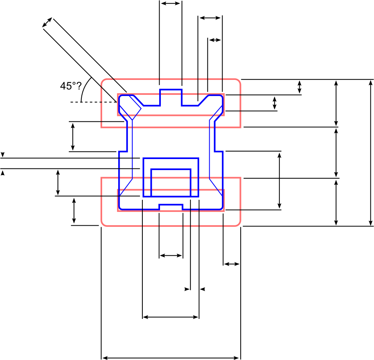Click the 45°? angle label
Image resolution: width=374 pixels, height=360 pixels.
[70, 86]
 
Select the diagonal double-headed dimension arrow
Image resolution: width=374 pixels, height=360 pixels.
[47, 23]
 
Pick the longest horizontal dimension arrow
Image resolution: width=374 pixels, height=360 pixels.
[171, 358]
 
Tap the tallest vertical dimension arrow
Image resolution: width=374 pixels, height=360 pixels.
[371, 153]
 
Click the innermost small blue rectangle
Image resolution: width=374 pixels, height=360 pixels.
[171, 183]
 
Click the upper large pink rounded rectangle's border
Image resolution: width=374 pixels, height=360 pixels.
[171, 80]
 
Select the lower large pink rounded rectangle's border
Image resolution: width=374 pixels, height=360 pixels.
[171, 226]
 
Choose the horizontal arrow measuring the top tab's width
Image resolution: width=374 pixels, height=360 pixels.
[171, 3]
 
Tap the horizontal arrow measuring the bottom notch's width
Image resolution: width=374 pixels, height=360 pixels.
[171, 256]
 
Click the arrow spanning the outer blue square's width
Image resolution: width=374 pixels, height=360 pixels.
[171, 317]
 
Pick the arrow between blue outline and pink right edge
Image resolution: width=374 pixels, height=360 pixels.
[231, 264]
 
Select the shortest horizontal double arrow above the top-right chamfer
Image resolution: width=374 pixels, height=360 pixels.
[215, 40]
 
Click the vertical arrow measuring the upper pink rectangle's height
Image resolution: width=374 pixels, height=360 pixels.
[336, 103]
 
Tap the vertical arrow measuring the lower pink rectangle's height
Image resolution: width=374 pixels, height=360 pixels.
[336, 202]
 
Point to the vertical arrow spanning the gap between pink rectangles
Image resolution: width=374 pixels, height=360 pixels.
[336, 152]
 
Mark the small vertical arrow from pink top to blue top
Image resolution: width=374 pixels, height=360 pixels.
[300, 87]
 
